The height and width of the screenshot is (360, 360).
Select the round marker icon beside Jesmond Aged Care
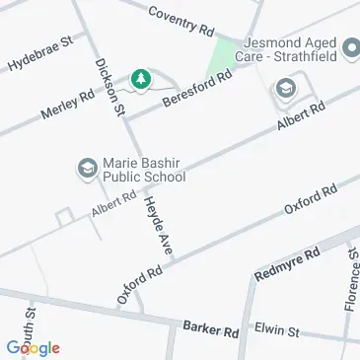[x=350, y=46]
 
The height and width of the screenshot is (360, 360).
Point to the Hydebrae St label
[x=41, y=54]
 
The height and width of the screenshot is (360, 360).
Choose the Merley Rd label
[x=68, y=108]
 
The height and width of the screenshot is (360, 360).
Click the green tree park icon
[x=142, y=78]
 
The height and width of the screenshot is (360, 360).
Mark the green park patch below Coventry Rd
[x=226, y=56]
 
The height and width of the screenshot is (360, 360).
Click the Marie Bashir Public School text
[x=142, y=171]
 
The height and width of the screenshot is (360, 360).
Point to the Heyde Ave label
[x=158, y=227]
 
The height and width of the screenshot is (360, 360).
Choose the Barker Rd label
[x=210, y=327]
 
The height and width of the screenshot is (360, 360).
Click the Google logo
[x=33, y=347]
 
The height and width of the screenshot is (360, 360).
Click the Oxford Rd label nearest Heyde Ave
[x=138, y=284]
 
